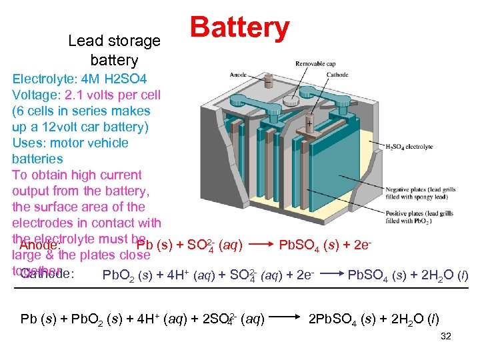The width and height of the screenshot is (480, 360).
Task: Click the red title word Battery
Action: [x=239, y=28]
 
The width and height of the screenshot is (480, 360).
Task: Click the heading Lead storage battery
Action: [x=114, y=50]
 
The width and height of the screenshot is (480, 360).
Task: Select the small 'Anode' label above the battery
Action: [x=238, y=75]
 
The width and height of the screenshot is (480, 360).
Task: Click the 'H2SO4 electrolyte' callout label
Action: [x=409, y=146]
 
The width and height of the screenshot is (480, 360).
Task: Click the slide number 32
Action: [x=446, y=337]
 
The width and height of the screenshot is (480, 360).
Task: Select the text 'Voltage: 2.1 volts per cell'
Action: [x=86, y=95]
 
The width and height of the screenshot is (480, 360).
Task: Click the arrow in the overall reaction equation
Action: [x=287, y=317]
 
